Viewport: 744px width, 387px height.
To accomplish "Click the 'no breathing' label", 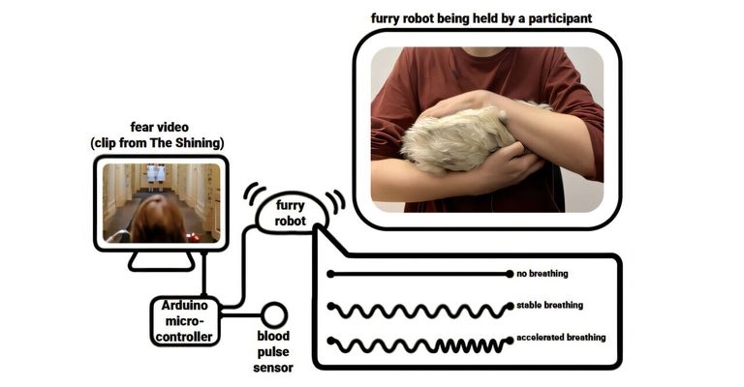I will (x=542, y=274).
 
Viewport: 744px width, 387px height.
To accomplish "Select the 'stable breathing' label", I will (x=550, y=305).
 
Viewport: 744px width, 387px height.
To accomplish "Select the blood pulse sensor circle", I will (x=274, y=314).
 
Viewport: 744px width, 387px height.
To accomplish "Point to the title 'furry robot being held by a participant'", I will (x=480, y=18).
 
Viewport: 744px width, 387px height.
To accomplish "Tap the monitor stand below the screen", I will (x=162, y=260).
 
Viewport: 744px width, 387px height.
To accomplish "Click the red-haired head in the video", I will (x=157, y=220).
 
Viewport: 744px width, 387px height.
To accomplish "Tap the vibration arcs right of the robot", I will (x=335, y=201).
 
